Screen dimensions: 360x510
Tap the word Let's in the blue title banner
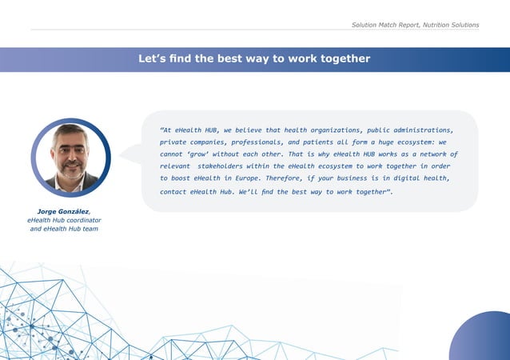(152, 58)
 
